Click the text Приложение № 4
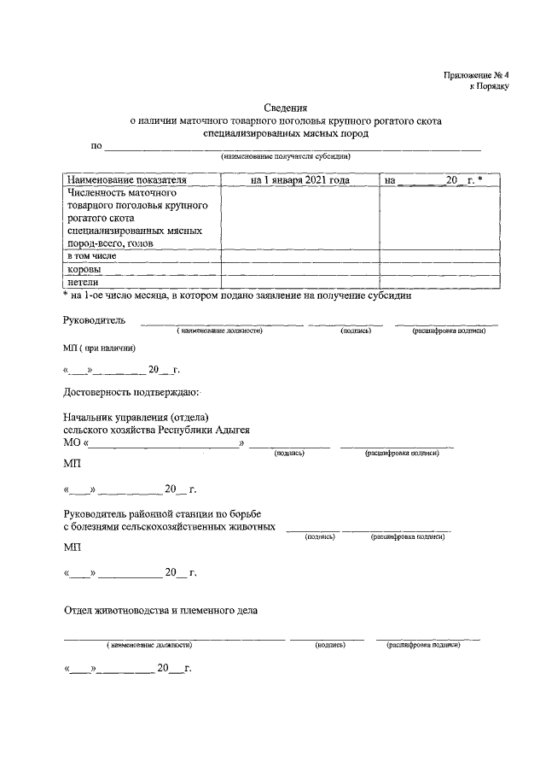coord(475,75)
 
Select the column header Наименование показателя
coord(126,180)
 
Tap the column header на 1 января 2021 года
coord(299,180)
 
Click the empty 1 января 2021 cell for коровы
coord(299,268)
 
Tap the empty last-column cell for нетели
coord(439,281)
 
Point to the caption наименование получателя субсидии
coord(286,157)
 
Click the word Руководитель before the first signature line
coord(94,320)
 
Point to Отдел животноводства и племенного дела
coord(160,610)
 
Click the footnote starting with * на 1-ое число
coord(238,296)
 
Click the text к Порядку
coord(489,87)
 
